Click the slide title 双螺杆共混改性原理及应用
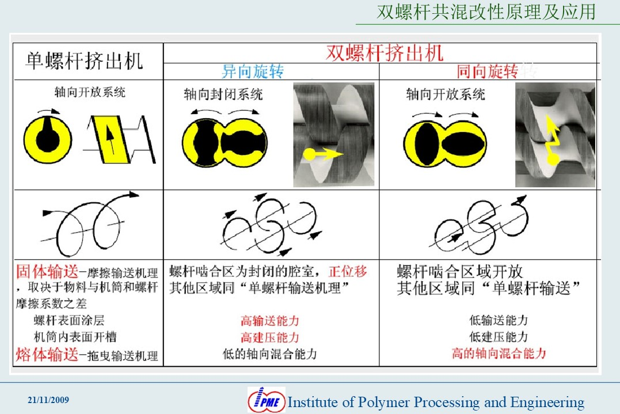pyautogui.click(x=486, y=12)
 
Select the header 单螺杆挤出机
pyautogui.click(x=84, y=61)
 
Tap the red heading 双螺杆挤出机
pyautogui.click(x=385, y=53)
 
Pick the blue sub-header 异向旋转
pyautogui.click(x=253, y=71)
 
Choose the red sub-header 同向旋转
pyautogui.click(x=487, y=71)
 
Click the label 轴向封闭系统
pyautogui.click(x=223, y=94)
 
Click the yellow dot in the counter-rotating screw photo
pyautogui.click(x=310, y=154)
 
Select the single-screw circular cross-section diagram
pyautogui.click(x=48, y=139)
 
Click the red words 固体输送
pyautogui.click(x=47, y=272)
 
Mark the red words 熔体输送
pyautogui.click(x=47, y=354)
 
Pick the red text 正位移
pyautogui.click(x=348, y=271)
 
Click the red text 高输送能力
pyautogui.click(x=269, y=320)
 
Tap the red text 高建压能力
pyautogui.click(x=269, y=337)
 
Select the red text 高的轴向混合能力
pyautogui.click(x=499, y=353)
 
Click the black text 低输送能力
pyautogui.click(x=499, y=320)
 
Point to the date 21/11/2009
pyautogui.click(x=48, y=400)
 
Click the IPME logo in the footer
pyautogui.click(x=267, y=400)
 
